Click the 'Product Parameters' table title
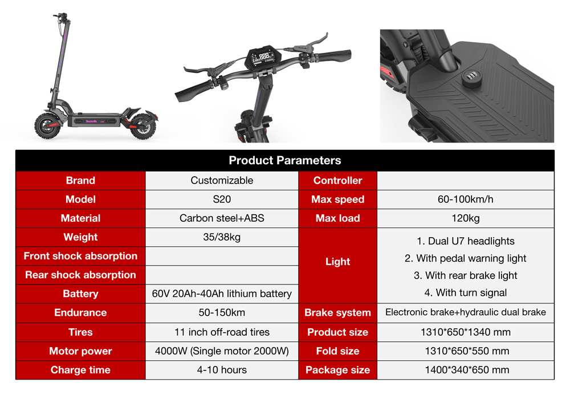284,160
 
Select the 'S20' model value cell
222,199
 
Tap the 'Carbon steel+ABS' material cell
222,218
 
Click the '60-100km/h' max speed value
465,199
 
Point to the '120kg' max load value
465,218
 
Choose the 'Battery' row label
80,294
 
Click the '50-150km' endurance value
222,312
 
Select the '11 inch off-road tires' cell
222,332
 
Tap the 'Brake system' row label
337,312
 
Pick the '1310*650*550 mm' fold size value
467,351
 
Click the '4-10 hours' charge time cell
222,370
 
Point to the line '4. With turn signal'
465,292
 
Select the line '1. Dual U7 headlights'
465,241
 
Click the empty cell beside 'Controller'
465,181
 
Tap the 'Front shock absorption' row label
80,256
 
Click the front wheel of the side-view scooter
48,126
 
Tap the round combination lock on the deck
472,79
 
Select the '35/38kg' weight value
222,237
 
